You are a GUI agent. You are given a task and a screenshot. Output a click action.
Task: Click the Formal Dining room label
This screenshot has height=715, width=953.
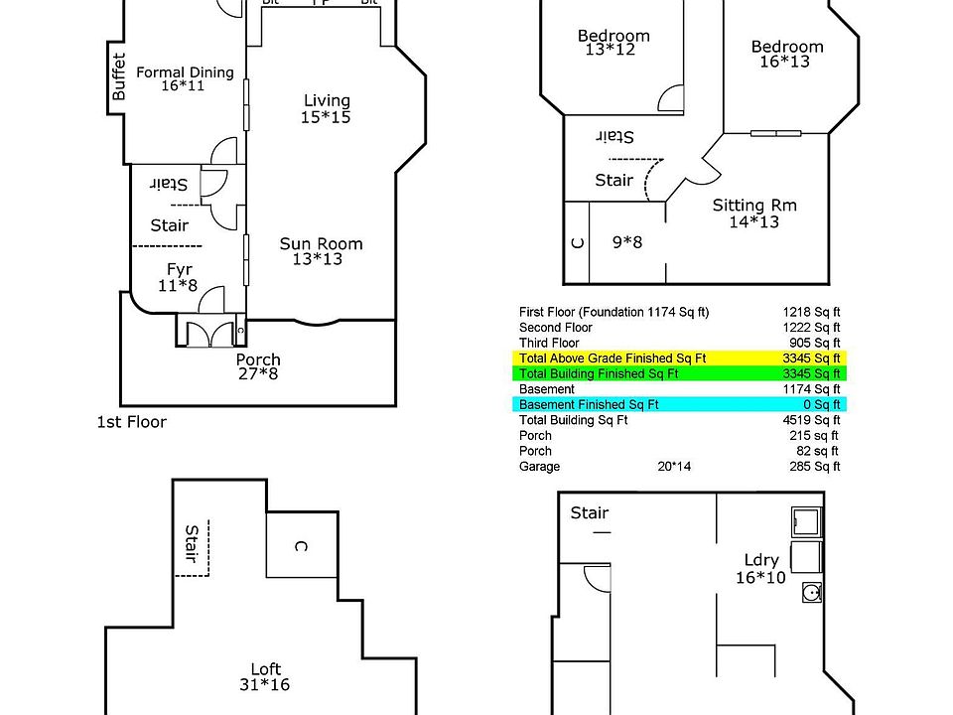(x=185, y=79)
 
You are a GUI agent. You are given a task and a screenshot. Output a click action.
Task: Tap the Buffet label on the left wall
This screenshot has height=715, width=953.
(x=119, y=76)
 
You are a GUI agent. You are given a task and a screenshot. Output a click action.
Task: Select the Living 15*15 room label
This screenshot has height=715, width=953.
(x=327, y=108)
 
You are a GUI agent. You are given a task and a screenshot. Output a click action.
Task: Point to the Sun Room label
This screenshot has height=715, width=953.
(x=321, y=251)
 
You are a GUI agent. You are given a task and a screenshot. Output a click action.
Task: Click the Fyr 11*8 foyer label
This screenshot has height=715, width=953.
(x=180, y=277)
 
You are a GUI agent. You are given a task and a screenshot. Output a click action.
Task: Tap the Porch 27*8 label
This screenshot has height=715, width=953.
(x=258, y=367)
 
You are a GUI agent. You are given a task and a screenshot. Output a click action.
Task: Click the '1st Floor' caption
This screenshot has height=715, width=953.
(x=131, y=422)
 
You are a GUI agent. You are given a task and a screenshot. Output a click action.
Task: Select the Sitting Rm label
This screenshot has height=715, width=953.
(x=754, y=214)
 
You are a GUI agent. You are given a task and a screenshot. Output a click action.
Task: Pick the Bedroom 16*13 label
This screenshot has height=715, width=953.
(x=787, y=54)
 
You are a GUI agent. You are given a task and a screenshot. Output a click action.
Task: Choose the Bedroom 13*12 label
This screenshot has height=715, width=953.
(x=613, y=43)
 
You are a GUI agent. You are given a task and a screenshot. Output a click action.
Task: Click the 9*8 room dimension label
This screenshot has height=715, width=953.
(x=628, y=240)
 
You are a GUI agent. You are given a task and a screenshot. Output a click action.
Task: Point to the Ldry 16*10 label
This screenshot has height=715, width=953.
(x=760, y=569)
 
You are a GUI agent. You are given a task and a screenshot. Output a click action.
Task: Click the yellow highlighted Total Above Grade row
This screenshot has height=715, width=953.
(x=679, y=357)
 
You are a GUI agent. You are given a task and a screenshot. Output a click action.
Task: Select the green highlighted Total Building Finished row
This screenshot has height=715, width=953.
(x=679, y=373)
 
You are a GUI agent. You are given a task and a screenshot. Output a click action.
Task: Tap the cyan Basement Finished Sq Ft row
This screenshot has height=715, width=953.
(x=679, y=405)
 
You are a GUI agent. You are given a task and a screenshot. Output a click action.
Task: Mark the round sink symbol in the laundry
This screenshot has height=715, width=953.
(x=811, y=593)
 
